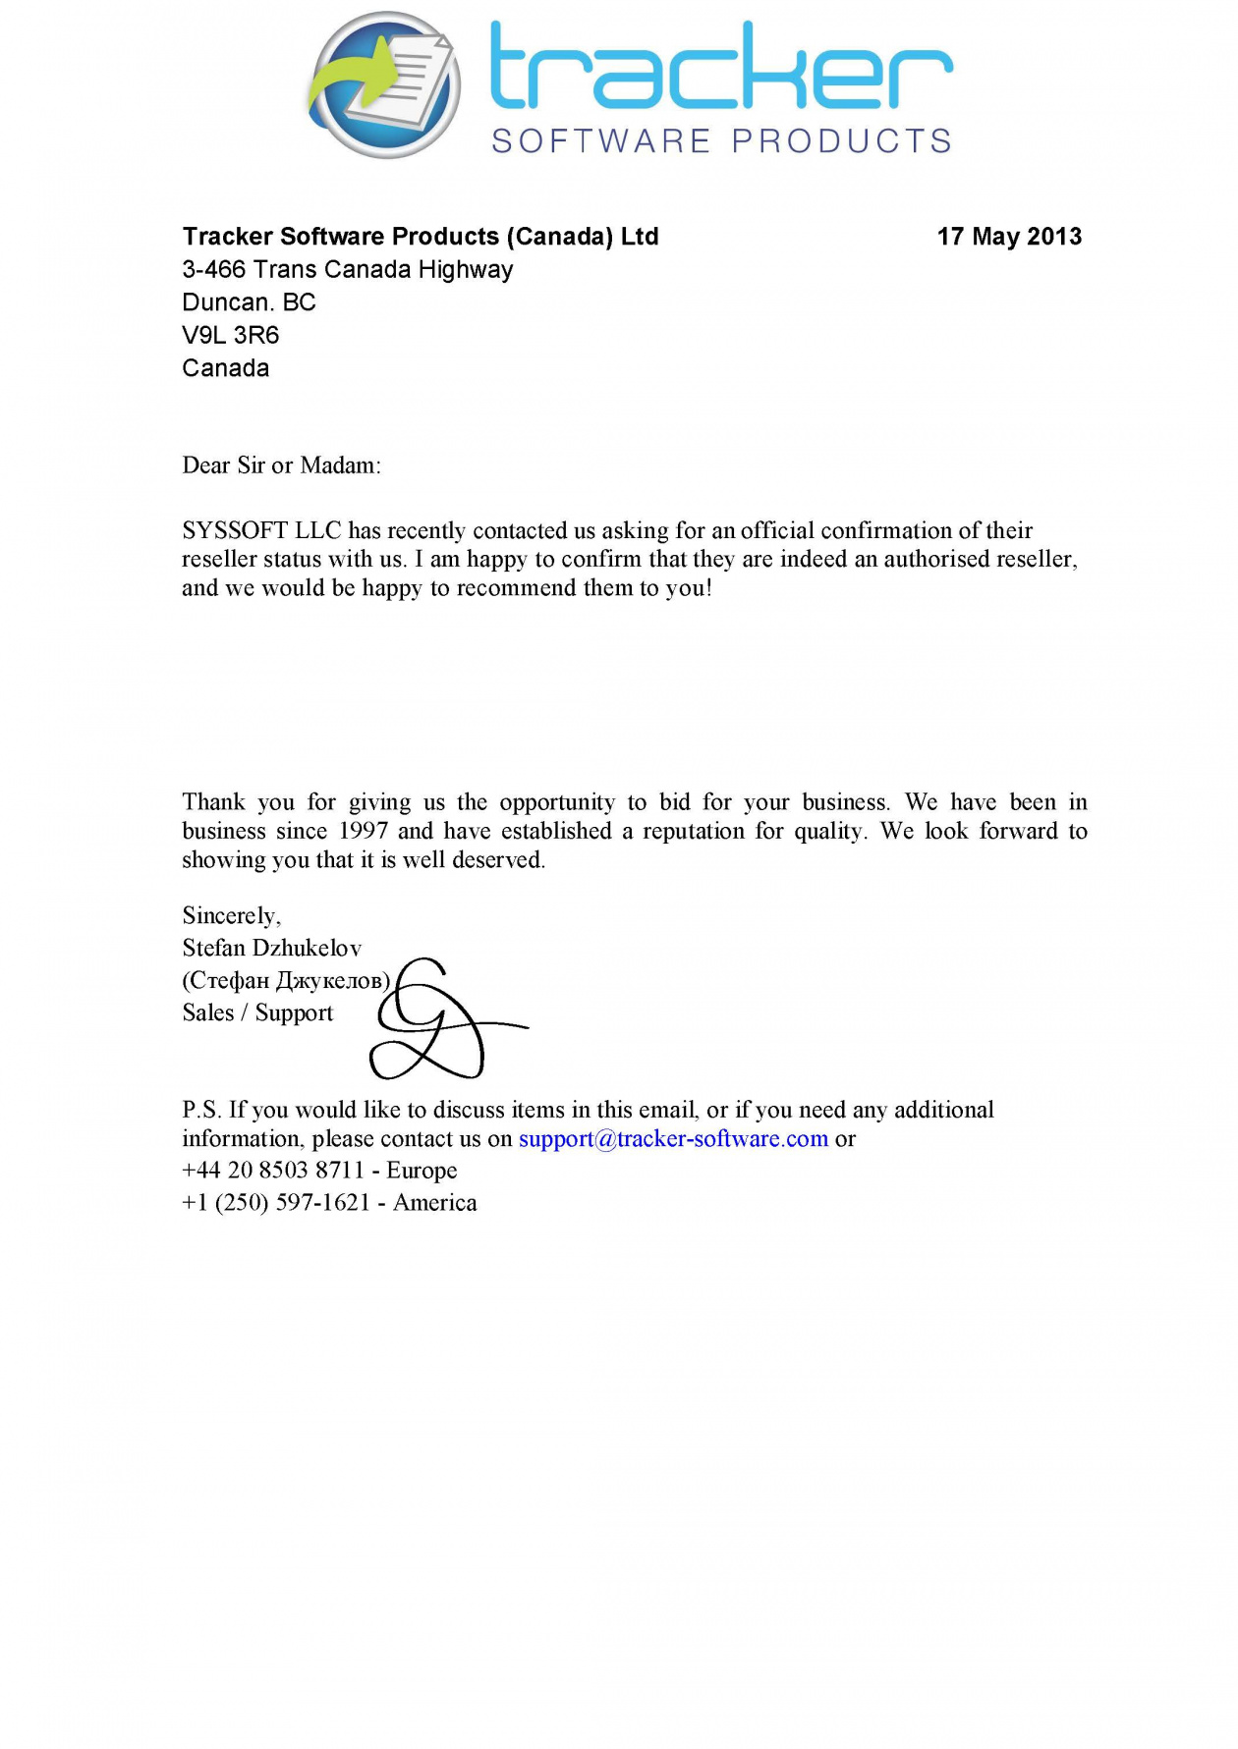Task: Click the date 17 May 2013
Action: tap(1009, 237)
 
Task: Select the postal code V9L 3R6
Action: tap(231, 336)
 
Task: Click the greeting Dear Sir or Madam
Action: tap(281, 465)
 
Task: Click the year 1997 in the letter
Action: tap(363, 832)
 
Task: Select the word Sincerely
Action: tap(231, 916)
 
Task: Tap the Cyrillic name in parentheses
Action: tap(286, 981)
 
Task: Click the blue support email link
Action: tap(673, 1139)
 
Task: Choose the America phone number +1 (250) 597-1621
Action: tap(276, 1203)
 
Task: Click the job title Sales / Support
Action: tap(257, 1013)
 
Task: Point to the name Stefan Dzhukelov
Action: tap(272, 949)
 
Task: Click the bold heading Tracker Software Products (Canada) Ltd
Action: tap(421, 237)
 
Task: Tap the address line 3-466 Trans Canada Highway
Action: tap(348, 270)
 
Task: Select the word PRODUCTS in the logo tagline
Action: tap(842, 141)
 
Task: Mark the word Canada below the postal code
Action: tap(226, 368)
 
